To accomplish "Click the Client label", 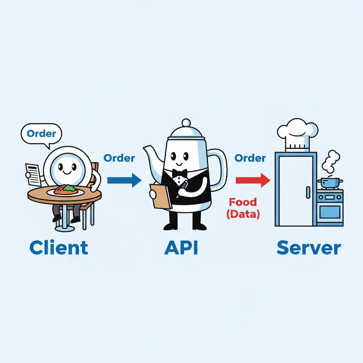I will pyautogui.click(x=59, y=248).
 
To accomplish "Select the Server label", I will pyautogui.click(x=309, y=248).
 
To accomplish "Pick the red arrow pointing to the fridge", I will pyautogui.click(x=253, y=180).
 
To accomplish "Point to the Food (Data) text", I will pyautogui.click(x=244, y=208).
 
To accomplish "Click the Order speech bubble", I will pyautogui.click(x=42, y=134).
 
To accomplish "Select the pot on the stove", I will pyautogui.click(x=330, y=183).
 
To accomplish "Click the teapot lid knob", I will pyautogui.click(x=186, y=123).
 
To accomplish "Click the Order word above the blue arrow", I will pyautogui.click(x=119, y=158).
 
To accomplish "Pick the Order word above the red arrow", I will pyautogui.click(x=250, y=158).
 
